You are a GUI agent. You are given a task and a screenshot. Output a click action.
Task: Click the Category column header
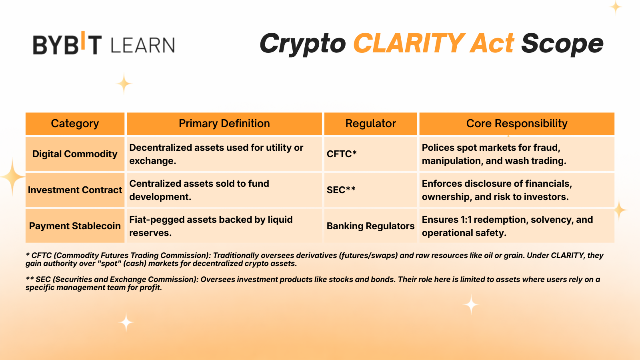click(x=75, y=124)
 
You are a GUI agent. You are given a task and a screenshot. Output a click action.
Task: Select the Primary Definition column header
click(x=224, y=124)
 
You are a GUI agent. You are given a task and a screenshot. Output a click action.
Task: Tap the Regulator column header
click(x=370, y=124)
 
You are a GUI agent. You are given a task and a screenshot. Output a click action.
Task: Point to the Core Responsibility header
click(x=516, y=124)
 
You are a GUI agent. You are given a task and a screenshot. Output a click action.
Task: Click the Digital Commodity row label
click(x=75, y=154)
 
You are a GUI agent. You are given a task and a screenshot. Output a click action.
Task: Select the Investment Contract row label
click(x=75, y=190)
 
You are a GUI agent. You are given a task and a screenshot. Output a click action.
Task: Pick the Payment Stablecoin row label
click(x=75, y=226)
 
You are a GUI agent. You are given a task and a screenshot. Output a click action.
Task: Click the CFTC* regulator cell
click(x=342, y=154)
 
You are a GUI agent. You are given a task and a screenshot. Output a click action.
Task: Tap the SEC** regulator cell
click(x=341, y=190)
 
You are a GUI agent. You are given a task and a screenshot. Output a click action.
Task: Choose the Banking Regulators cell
click(x=370, y=226)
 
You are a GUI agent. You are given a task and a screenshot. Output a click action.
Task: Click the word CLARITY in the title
click(x=409, y=43)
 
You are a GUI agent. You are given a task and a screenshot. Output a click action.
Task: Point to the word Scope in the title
click(x=562, y=43)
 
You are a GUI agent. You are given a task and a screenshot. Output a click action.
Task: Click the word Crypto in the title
click(x=302, y=43)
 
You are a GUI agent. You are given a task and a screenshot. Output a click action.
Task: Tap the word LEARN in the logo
click(x=142, y=45)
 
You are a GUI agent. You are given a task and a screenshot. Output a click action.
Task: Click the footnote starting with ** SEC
click(x=312, y=283)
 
